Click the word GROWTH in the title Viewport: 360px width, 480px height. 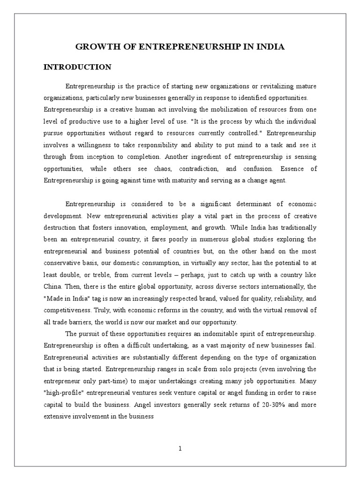tap(93, 47)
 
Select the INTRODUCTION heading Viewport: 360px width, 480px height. tap(77, 67)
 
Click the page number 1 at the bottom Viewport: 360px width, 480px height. tap(180, 449)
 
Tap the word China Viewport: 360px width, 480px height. tap(52, 286)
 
